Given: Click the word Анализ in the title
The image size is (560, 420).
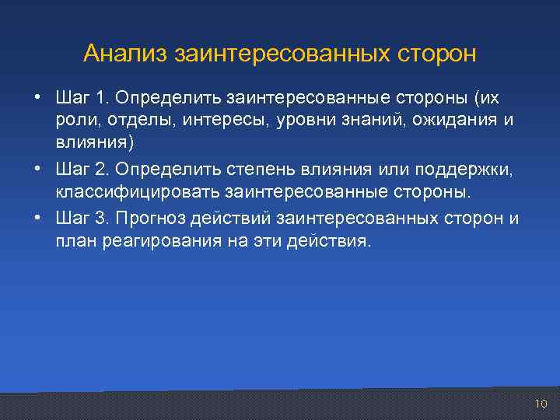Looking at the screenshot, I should [126, 54].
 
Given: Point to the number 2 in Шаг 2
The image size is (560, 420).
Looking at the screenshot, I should [99, 170].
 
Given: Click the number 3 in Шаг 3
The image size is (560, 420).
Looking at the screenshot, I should [99, 219].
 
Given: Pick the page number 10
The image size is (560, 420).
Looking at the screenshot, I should [541, 403].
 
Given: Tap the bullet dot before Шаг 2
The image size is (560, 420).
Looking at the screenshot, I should [37, 170].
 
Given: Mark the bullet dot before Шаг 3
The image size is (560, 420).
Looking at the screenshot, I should [37, 219].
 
